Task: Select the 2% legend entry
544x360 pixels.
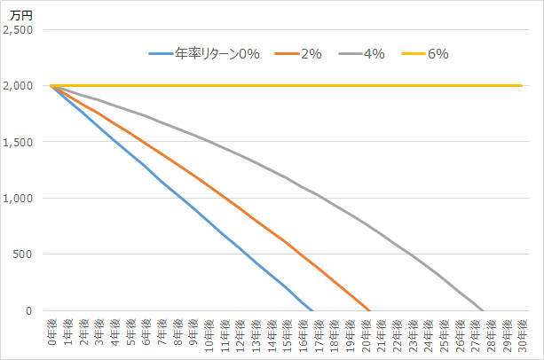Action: pyautogui.click(x=311, y=54)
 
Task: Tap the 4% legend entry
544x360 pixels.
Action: pyautogui.click(x=374, y=54)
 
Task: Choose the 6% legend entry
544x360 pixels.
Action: pyautogui.click(x=438, y=54)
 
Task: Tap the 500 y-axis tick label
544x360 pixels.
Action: pyautogui.click(x=23, y=254)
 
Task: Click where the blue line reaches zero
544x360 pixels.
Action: pyautogui.click(x=312, y=310)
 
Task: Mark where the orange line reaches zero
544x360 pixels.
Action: pyautogui.click(x=370, y=310)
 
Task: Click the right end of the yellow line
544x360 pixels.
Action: pyautogui.click(x=521, y=86)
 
